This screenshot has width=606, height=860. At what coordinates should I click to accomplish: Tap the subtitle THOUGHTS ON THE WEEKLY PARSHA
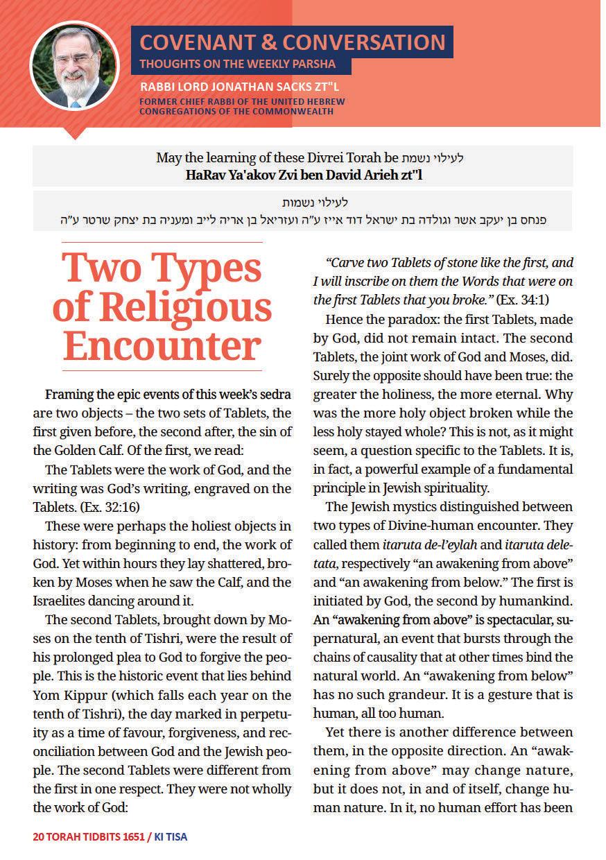click(x=238, y=64)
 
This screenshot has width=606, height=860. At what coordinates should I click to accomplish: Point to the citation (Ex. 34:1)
click(x=521, y=300)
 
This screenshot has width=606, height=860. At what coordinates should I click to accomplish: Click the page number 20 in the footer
click(x=39, y=836)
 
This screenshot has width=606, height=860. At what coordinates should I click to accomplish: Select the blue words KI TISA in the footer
click(x=171, y=836)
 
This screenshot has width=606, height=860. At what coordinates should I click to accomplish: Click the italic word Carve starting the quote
click(x=347, y=264)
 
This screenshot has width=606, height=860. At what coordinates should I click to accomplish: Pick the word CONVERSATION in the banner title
click(x=364, y=42)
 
